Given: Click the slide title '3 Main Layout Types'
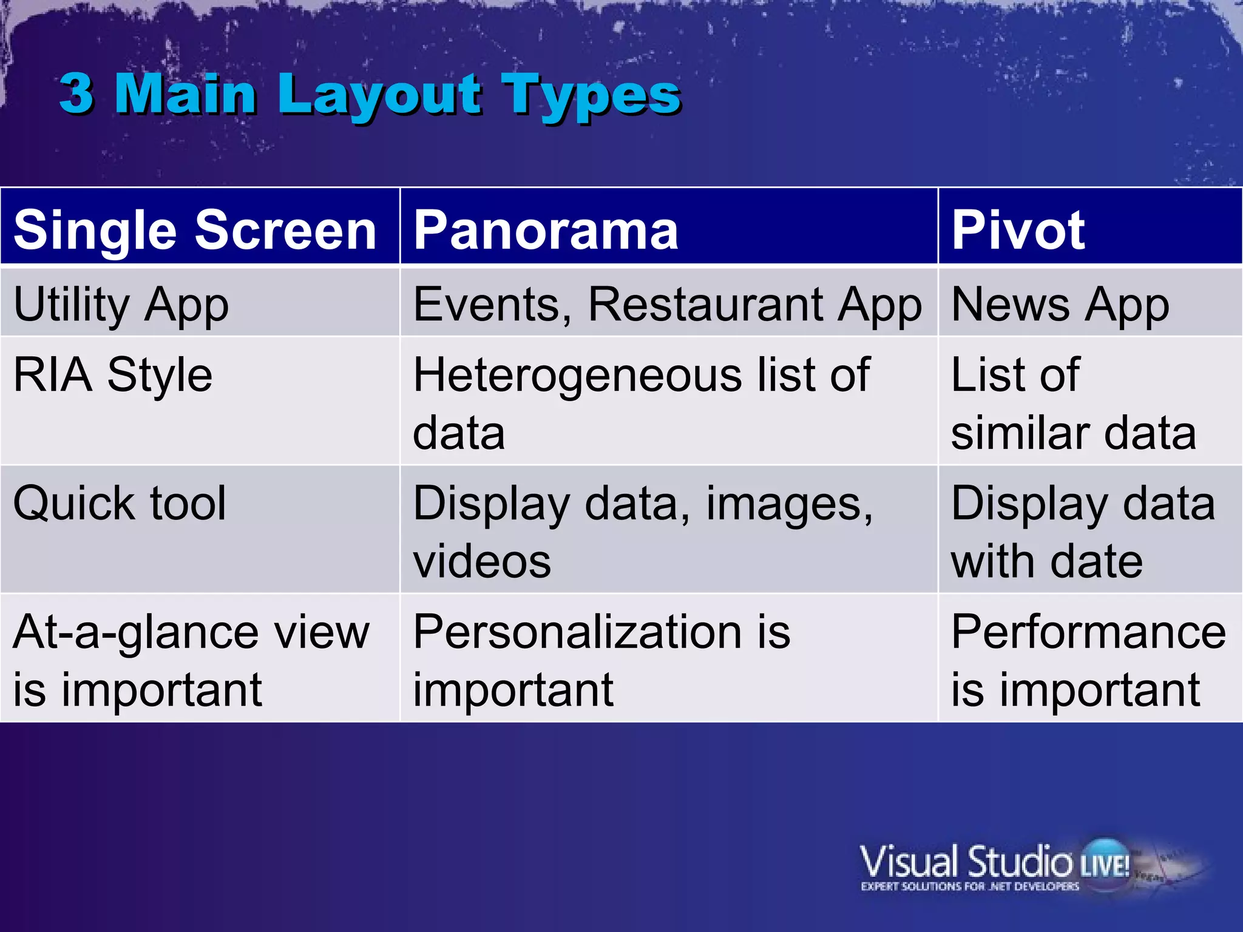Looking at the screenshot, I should (370, 94).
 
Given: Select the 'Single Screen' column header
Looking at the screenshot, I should (195, 230).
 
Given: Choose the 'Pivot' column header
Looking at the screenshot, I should (1018, 230).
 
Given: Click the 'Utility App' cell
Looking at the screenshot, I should (121, 304).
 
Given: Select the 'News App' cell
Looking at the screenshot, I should (1060, 304).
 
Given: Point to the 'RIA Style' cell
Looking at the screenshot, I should (113, 375).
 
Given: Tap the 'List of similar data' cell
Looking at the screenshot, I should (1072, 404).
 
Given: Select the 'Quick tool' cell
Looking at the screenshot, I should (120, 504).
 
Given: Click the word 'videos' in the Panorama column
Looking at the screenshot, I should (482, 561).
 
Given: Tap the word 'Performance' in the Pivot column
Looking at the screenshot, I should (1088, 632).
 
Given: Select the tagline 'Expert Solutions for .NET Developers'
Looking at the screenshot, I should (969, 886).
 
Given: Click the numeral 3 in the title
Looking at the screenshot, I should (76, 94).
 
